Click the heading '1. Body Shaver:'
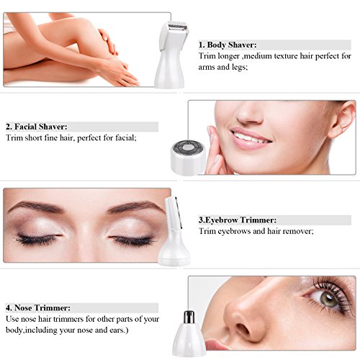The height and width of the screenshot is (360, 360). (x=228, y=45)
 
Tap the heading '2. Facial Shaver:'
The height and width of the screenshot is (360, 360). (x=37, y=127)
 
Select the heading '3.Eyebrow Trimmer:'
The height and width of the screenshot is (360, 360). (x=238, y=220)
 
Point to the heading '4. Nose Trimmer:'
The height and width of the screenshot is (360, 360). (x=38, y=307)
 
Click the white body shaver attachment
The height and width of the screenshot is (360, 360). (x=171, y=55)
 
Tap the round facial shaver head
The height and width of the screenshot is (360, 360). (x=188, y=157)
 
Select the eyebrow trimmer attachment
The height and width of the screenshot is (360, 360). (x=174, y=231)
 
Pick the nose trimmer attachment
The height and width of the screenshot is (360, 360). (x=189, y=333)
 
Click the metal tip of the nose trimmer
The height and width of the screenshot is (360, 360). (x=189, y=317)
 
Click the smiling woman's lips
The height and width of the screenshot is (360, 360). (x=250, y=138)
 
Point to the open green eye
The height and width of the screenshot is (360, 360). (x=328, y=299)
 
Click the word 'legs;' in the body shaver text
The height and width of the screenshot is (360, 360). (x=239, y=68)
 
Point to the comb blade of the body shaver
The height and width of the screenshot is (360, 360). (x=177, y=27)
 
